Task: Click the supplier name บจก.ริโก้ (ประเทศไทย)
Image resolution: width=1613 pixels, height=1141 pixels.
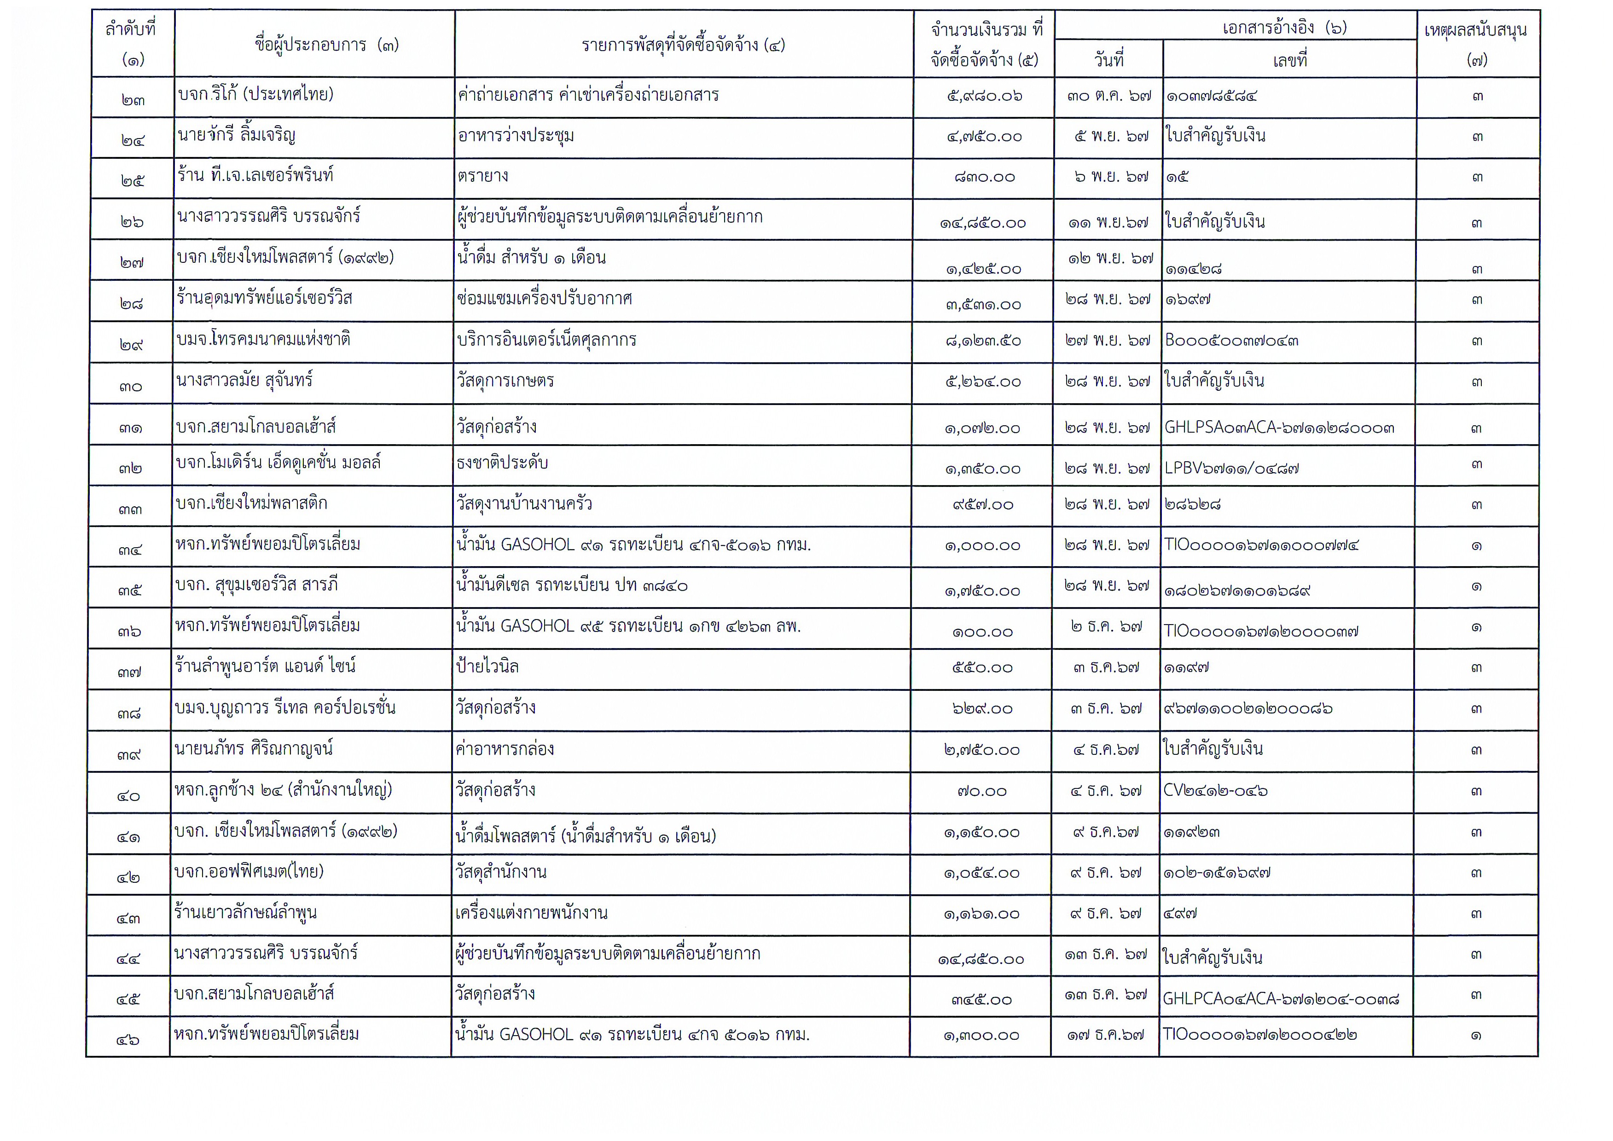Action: click(x=256, y=95)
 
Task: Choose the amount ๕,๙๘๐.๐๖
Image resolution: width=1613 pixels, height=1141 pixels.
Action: click(x=984, y=96)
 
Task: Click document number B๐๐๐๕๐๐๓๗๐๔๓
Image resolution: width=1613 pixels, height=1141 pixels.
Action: click(x=1231, y=341)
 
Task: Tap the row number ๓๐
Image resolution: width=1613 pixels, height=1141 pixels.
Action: click(x=131, y=386)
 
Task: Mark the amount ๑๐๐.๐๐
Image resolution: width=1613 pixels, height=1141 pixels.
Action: click(x=982, y=631)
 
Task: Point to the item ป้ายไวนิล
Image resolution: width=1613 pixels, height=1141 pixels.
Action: click(x=487, y=666)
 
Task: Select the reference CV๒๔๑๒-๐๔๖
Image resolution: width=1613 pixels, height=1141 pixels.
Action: click(x=1215, y=790)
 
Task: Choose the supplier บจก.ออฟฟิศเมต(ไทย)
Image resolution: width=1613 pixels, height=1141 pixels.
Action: click(x=249, y=872)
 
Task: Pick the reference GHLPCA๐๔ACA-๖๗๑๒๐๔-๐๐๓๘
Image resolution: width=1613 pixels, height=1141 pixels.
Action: click(x=1280, y=998)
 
